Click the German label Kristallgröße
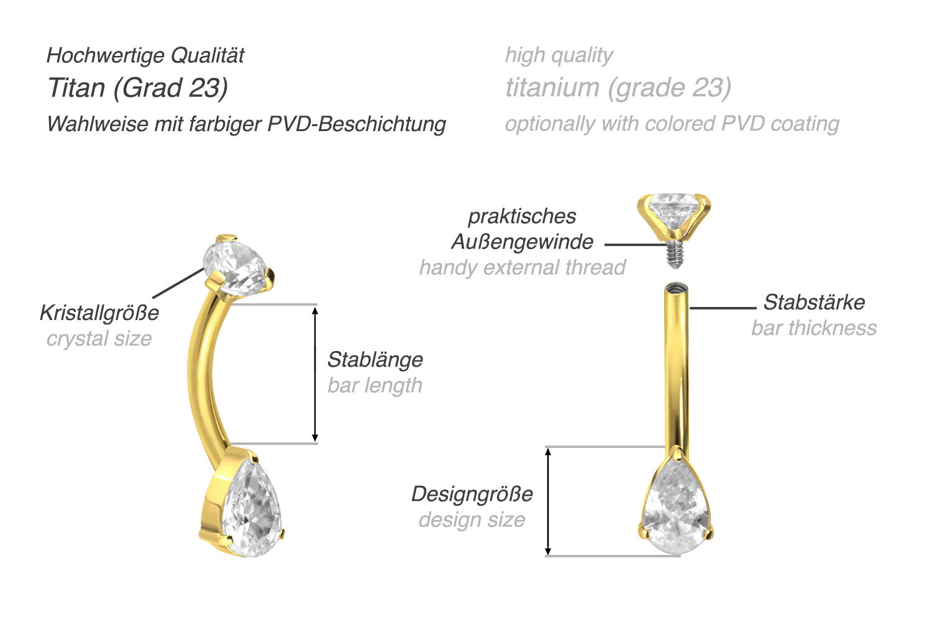(99, 313)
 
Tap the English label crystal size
(99, 339)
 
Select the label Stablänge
(375, 360)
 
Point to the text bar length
(375, 385)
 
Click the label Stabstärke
(814, 302)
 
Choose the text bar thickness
(814, 328)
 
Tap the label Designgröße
(472, 494)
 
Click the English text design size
(472, 519)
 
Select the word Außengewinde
(522, 242)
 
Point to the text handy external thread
(522, 267)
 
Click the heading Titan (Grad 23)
(138, 88)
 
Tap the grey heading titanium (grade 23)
(618, 88)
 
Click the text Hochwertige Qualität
(145, 55)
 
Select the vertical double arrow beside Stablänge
(315, 374)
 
